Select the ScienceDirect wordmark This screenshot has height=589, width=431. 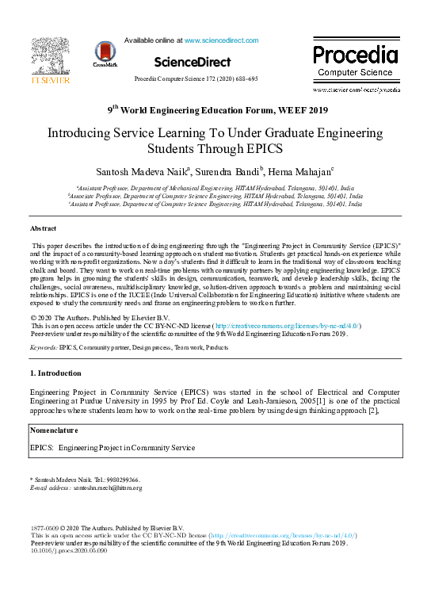click(193, 61)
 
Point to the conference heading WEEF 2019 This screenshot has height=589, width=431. click(215, 110)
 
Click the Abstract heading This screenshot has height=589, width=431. click(43, 228)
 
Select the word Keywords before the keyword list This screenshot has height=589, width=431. click(43, 347)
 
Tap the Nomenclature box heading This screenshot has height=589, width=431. click(54, 430)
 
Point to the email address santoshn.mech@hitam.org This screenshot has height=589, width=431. click(108, 488)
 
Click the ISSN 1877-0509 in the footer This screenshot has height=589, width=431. click(44, 528)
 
